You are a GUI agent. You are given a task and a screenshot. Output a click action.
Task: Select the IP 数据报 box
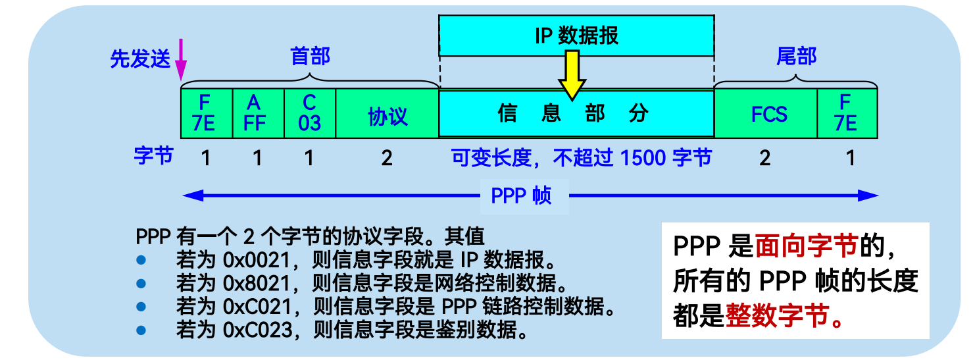[576, 35]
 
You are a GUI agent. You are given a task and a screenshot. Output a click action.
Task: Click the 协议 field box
[387, 114]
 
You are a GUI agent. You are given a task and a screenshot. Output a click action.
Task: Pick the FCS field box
[766, 114]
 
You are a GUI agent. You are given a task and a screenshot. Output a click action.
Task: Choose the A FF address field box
[259, 114]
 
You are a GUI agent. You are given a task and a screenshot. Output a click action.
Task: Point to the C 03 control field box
[310, 114]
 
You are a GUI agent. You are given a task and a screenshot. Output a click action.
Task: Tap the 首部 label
[310, 57]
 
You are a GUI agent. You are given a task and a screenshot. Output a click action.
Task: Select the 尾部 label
[796, 57]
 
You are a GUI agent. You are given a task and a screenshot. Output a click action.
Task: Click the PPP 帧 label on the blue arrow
[522, 195]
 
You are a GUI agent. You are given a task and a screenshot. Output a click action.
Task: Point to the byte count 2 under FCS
[764, 158]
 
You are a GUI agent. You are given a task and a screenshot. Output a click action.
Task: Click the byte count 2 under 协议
[387, 158]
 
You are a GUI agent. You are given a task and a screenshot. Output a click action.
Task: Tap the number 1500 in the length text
[643, 158]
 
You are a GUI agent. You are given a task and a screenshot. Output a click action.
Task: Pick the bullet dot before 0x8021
[139, 283]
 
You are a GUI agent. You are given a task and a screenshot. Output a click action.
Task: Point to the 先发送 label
[139, 60]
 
